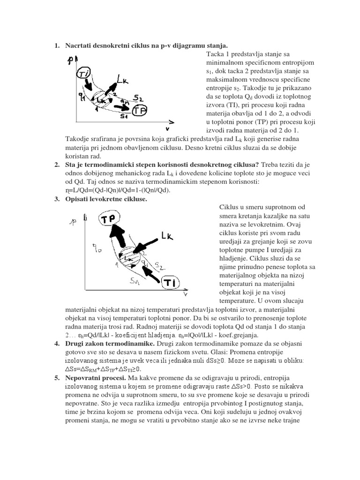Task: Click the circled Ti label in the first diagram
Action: click(x=83, y=73)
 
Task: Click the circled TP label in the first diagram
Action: click(x=139, y=111)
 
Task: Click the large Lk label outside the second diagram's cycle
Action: click(x=166, y=236)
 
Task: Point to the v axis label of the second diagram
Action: click(x=186, y=295)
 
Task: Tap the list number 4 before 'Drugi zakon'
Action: click(x=56, y=344)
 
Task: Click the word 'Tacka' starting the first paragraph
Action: click(x=215, y=54)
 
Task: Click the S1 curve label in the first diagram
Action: click(x=124, y=116)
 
